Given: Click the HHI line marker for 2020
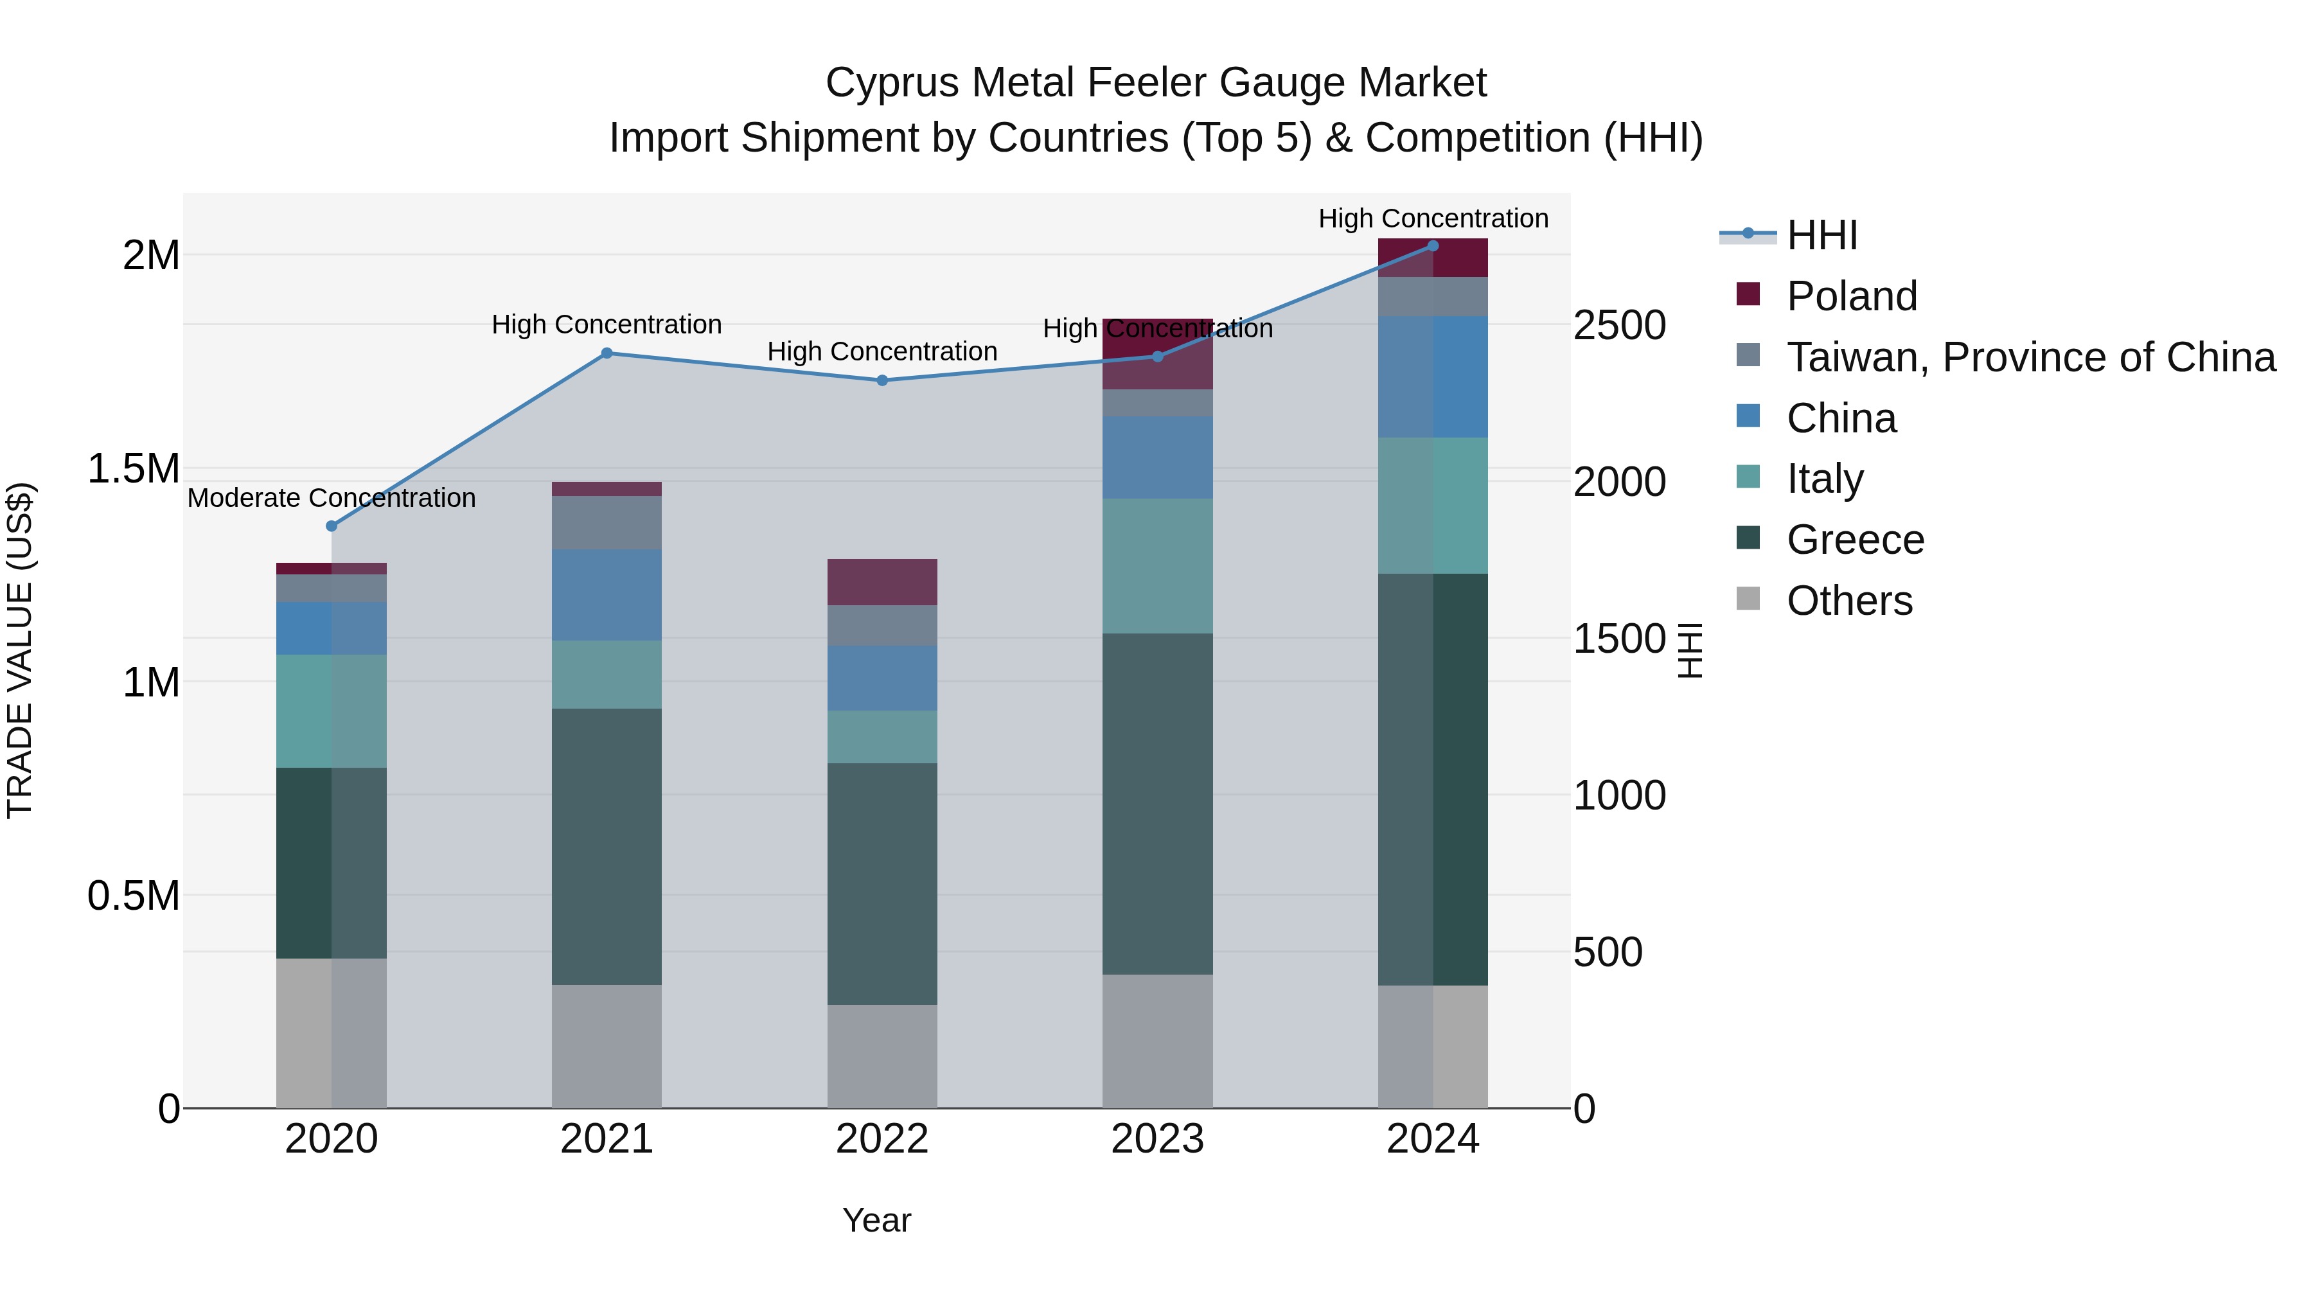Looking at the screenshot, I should [332, 526].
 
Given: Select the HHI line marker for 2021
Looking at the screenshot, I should [607, 354].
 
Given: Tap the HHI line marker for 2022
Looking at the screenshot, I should [882, 381].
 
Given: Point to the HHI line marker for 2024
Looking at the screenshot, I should [1433, 246].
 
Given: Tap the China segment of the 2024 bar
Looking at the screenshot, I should [1433, 377].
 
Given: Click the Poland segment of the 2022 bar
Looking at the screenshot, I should [882, 582].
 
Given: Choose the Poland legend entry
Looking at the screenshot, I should [1852, 296].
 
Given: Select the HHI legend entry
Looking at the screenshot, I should [1822, 235].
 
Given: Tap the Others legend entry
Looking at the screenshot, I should [1850, 601].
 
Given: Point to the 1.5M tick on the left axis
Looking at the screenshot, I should [133, 469].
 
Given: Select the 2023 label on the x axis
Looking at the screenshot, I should [1157, 1139].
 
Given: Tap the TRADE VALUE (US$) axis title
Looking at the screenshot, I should [20, 650].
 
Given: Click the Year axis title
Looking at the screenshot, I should [876, 1220].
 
